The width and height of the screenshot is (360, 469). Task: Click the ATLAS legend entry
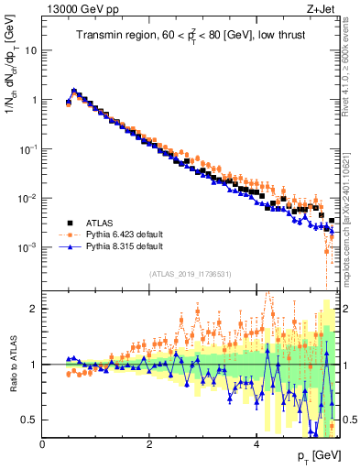pos(102,222)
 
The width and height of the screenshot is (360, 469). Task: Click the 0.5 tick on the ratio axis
pos(29,420)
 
